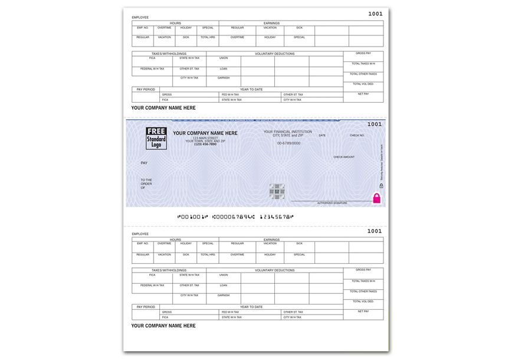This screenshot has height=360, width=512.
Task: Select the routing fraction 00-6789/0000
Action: point(288,143)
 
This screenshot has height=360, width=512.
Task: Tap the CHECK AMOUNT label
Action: point(344,157)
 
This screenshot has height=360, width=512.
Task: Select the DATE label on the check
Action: point(322,136)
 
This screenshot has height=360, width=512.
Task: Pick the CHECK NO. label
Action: point(357,136)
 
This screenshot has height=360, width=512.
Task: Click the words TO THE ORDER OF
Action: point(146,184)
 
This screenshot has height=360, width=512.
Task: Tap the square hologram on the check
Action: point(277,191)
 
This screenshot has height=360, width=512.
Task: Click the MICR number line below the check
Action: point(234,217)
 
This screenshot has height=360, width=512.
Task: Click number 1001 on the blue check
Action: point(375,125)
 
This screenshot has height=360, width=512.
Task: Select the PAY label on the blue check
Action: point(144,162)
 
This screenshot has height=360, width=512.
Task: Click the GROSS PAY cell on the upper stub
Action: point(363,53)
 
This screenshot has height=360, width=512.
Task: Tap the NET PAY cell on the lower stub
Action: point(363,311)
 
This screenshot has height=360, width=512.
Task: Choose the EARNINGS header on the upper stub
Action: point(271,23)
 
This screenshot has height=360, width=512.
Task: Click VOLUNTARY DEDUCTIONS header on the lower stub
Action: point(274,270)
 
